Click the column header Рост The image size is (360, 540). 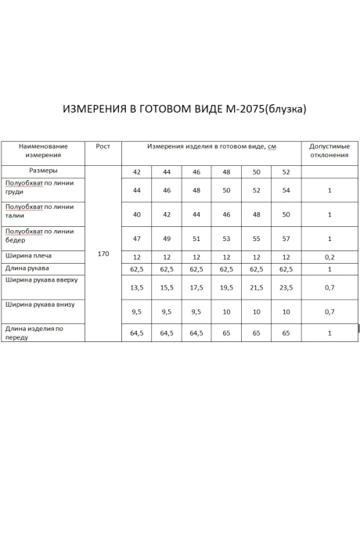103,146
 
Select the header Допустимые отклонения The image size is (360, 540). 329,150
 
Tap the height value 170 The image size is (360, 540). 103,254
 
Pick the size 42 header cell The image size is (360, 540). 136,171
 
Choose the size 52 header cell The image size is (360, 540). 286,171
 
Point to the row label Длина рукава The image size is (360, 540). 27,268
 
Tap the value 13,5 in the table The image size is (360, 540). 136,287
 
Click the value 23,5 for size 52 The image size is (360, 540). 286,287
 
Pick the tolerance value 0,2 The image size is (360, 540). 329,257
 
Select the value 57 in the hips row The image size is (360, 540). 286,238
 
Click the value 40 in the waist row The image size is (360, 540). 136,214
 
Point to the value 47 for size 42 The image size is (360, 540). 136,238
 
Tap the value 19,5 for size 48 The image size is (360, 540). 226,287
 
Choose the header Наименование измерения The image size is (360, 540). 43,150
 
